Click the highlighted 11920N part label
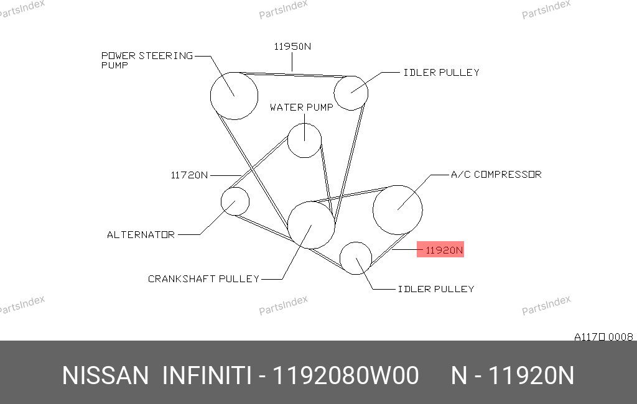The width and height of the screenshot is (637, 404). [440, 250]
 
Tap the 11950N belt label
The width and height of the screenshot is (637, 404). [292, 46]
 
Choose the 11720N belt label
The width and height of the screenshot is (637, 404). [189, 175]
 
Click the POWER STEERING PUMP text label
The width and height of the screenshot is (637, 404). [147, 60]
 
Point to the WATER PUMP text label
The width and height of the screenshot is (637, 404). [302, 107]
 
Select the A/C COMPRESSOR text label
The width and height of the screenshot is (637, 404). [496, 174]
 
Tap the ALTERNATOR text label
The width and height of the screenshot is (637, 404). [141, 235]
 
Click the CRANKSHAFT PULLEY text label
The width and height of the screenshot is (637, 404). [203, 278]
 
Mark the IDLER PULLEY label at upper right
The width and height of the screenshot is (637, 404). [442, 72]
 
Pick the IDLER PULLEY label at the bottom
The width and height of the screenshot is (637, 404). [436, 288]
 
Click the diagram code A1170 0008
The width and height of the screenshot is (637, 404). [603, 337]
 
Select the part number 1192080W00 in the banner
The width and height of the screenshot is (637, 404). [345, 375]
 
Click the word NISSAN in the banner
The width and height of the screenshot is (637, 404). [105, 375]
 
